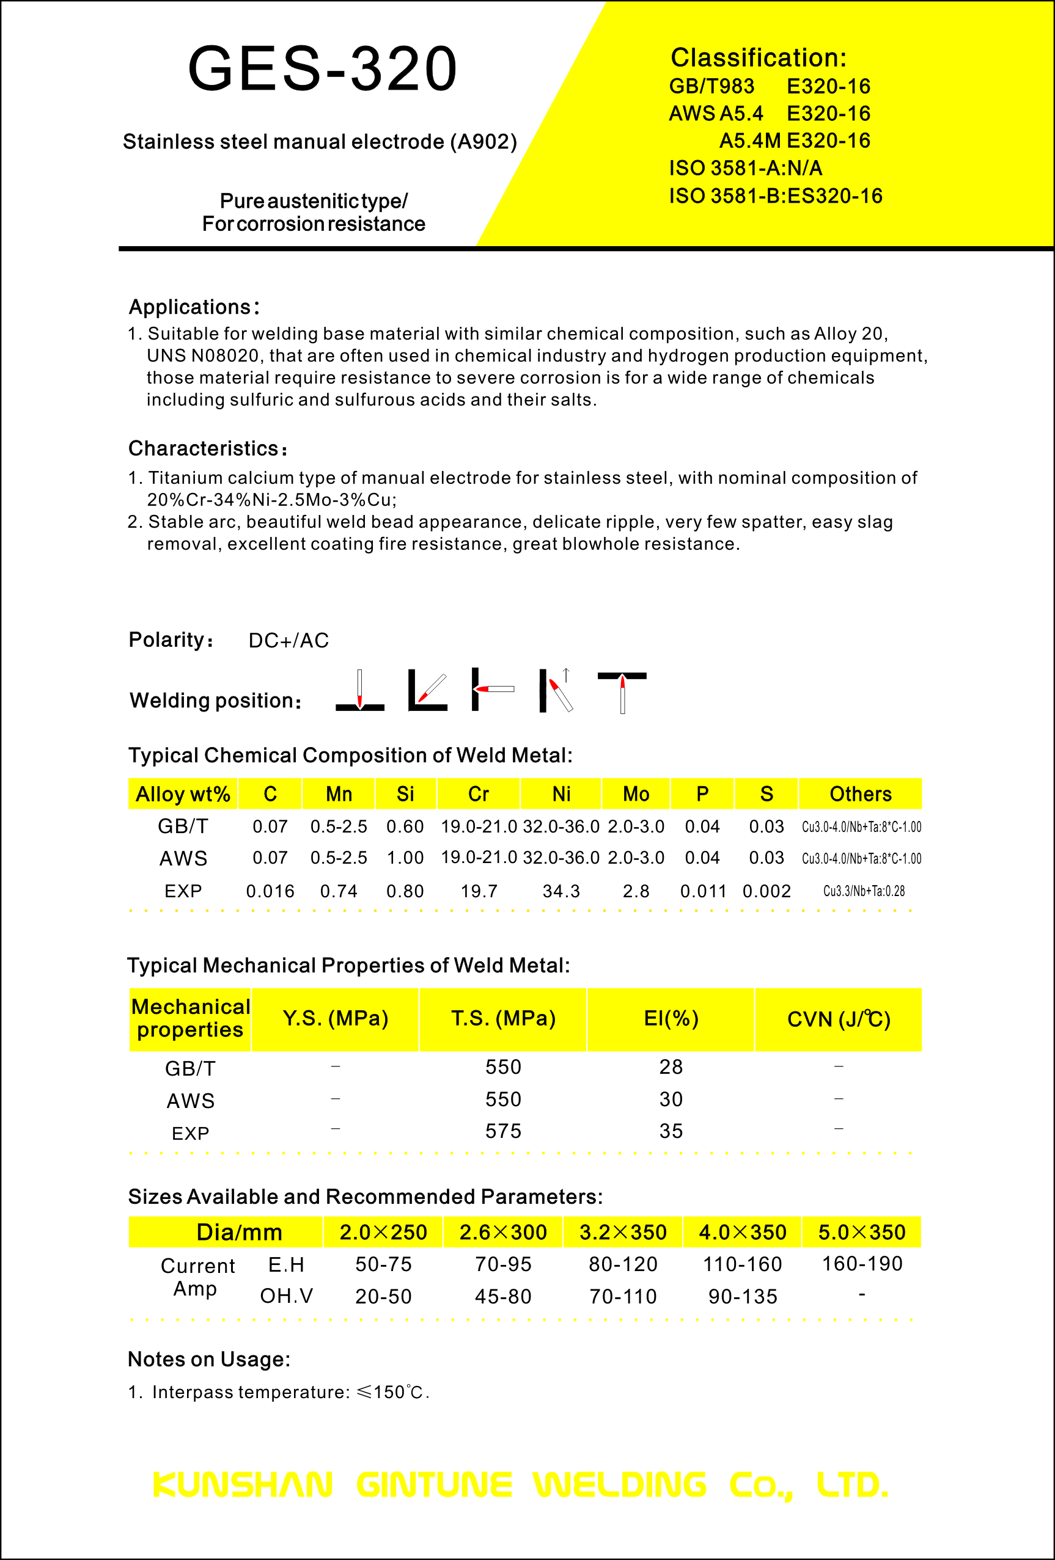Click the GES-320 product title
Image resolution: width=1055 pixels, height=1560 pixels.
point(322,68)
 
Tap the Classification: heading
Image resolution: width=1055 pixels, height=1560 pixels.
point(758,58)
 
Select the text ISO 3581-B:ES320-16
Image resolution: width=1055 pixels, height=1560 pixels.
point(775,196)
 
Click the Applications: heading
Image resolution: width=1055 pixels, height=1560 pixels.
point(193,307)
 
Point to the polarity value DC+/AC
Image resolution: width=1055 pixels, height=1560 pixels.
point(289,640)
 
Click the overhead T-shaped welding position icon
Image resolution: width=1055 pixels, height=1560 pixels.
point(622,691)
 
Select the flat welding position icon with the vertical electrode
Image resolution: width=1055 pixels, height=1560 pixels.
point(360,691)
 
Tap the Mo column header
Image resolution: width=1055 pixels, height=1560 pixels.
point(635,794)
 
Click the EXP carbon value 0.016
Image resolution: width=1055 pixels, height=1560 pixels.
point(270,891)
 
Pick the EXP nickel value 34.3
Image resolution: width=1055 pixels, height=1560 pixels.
point(561,891)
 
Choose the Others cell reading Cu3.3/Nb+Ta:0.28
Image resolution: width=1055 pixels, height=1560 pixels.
point(864,891)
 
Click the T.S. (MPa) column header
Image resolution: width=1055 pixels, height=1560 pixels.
point(503,1019)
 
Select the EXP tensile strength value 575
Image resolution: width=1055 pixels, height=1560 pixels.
point(503,1131)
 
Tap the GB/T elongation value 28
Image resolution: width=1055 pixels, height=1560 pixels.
point(671,1066)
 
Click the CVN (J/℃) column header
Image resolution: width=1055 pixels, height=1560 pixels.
point(838,1019)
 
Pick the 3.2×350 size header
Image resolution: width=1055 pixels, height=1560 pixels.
point(622,1233)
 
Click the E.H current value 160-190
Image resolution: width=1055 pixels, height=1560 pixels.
point(862,1264)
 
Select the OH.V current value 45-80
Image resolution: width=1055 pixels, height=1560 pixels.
point(503,1296)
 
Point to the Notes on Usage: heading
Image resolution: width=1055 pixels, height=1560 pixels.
point(209,1359)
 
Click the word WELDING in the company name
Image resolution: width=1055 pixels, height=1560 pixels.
point(620,1485)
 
